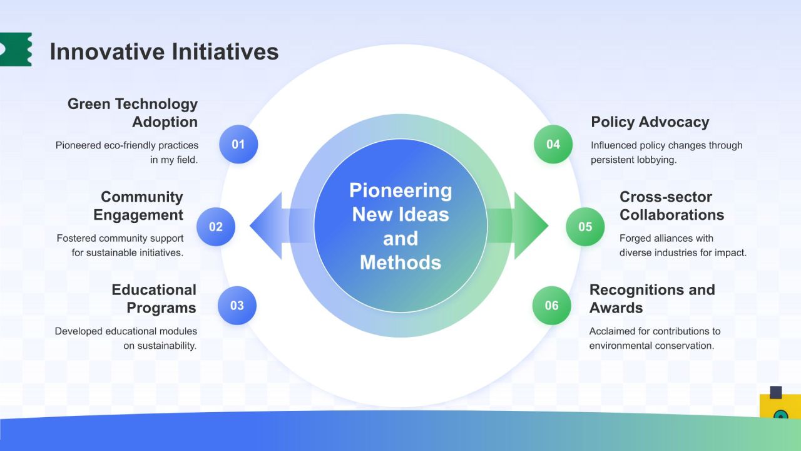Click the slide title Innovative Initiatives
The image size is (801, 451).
click(x=164, y=51)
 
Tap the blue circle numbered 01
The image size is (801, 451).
click(x=238, y=144)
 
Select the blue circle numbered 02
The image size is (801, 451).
click(x=216, y=227)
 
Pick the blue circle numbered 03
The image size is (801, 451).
click(x=237, y=305)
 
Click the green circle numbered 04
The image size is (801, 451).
click(x=553, y=144)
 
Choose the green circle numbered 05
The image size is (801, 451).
click(x=585, y=227)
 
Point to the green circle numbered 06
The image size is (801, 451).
click(x=551, y=305)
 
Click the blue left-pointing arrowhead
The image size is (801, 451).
click(x=267, y=226)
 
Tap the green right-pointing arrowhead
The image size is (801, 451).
click(x=531, y=226)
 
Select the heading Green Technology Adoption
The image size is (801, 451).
click(x=132, y=113)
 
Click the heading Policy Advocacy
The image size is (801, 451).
click(x=650, y=122)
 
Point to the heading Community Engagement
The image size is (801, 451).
click(x=138, y=206)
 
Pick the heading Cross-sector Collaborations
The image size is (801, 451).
click(x=671, y=206)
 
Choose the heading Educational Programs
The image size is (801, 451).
click(x=154, y=299)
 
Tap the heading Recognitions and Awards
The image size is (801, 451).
click(x=652, y=299)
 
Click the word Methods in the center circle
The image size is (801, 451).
click(x=400, y=262)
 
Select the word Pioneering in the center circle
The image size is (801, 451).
click(x=400, y=190)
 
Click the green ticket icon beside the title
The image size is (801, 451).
click(x=16, y=49)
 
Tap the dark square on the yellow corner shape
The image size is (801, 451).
click(x=775, y=392)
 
